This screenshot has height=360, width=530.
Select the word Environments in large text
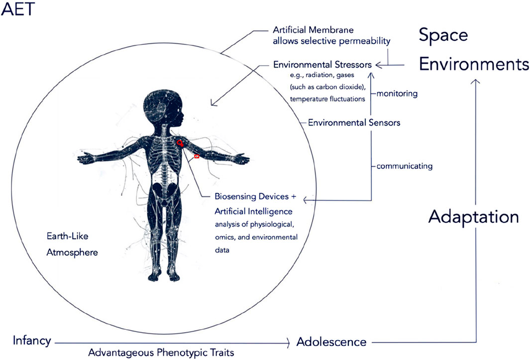click(x=473, y=64)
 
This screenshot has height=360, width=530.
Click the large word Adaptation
click(x=473, y=216)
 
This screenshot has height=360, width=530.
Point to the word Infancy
click(x=32, y=341)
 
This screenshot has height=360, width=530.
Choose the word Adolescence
click(x=331, y=342)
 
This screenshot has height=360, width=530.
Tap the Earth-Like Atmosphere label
click(x=70, y=244)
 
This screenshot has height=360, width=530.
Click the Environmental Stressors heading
click(x=322, y=65)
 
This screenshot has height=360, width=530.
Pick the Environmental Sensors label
click(x=354, y=122)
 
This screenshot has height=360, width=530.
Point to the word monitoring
click(x=397, y=93)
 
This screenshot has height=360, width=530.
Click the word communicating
click(x=404, y=166)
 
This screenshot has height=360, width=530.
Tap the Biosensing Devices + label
click(x=255, y=197)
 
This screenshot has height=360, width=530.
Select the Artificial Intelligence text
click(x=254, y=211)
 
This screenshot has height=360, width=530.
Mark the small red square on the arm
click(x=197, y=156)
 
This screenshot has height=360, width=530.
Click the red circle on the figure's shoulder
click(x=180, y=142)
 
